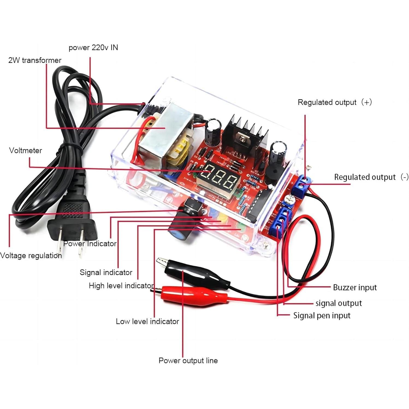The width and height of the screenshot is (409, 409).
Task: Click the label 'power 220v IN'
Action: point(93,48)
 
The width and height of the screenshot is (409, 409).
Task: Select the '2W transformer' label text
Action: point(35,60)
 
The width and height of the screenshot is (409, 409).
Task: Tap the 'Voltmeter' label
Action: point(25,150)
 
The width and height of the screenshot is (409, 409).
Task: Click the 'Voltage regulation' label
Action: point(31,256)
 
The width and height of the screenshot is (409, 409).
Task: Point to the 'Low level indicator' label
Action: point(147,321)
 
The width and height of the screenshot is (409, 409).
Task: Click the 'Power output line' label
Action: point(188,360)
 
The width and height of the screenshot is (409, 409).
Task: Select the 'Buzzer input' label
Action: point(355,288)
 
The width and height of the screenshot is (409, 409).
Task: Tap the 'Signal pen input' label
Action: point(322,315)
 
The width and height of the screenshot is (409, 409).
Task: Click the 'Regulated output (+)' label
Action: point(334,102)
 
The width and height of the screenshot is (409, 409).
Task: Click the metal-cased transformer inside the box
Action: point(167,134)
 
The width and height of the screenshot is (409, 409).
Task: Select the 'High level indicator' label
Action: point(121,286)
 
